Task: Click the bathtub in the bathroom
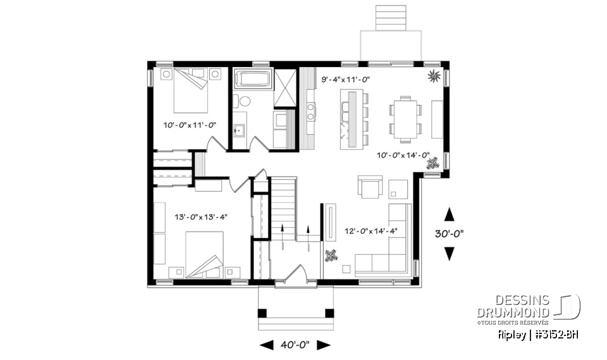click(x=253, y=80)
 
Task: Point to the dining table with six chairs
click(x=403, y=117)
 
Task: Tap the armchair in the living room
click(x=371, y=187)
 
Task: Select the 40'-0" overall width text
click(x=296, y=345)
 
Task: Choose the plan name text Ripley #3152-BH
click(x=537, y=334)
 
